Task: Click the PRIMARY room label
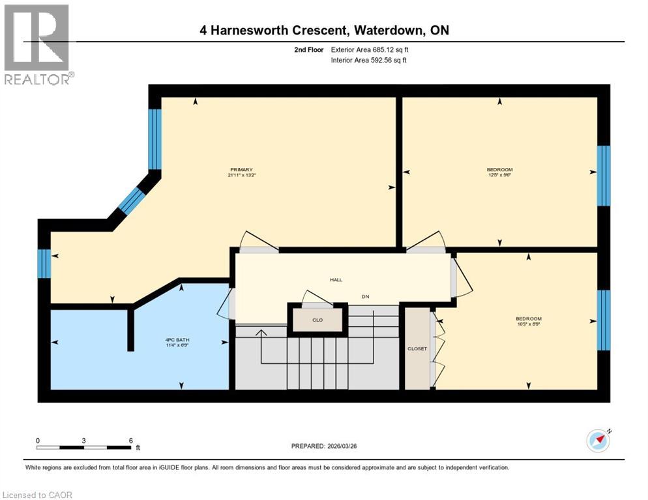(x=241, y=169)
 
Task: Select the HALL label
(x=336, y=280)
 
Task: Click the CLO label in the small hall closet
(x=317, y=320)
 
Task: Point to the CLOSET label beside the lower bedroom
(x=417, y=348)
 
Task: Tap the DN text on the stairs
(x=366, y=296)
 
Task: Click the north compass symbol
(x=598, y=441)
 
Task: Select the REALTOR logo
(x=37, y=45)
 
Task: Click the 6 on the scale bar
(x=131, y=440)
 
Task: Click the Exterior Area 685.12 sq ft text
(x=370, y=49)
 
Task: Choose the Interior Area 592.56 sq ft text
(x=370, y=61)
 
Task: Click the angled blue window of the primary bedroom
(x=132, y=200)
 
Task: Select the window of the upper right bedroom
(x=604, y=175)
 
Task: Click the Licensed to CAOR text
(x=38, y=495)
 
